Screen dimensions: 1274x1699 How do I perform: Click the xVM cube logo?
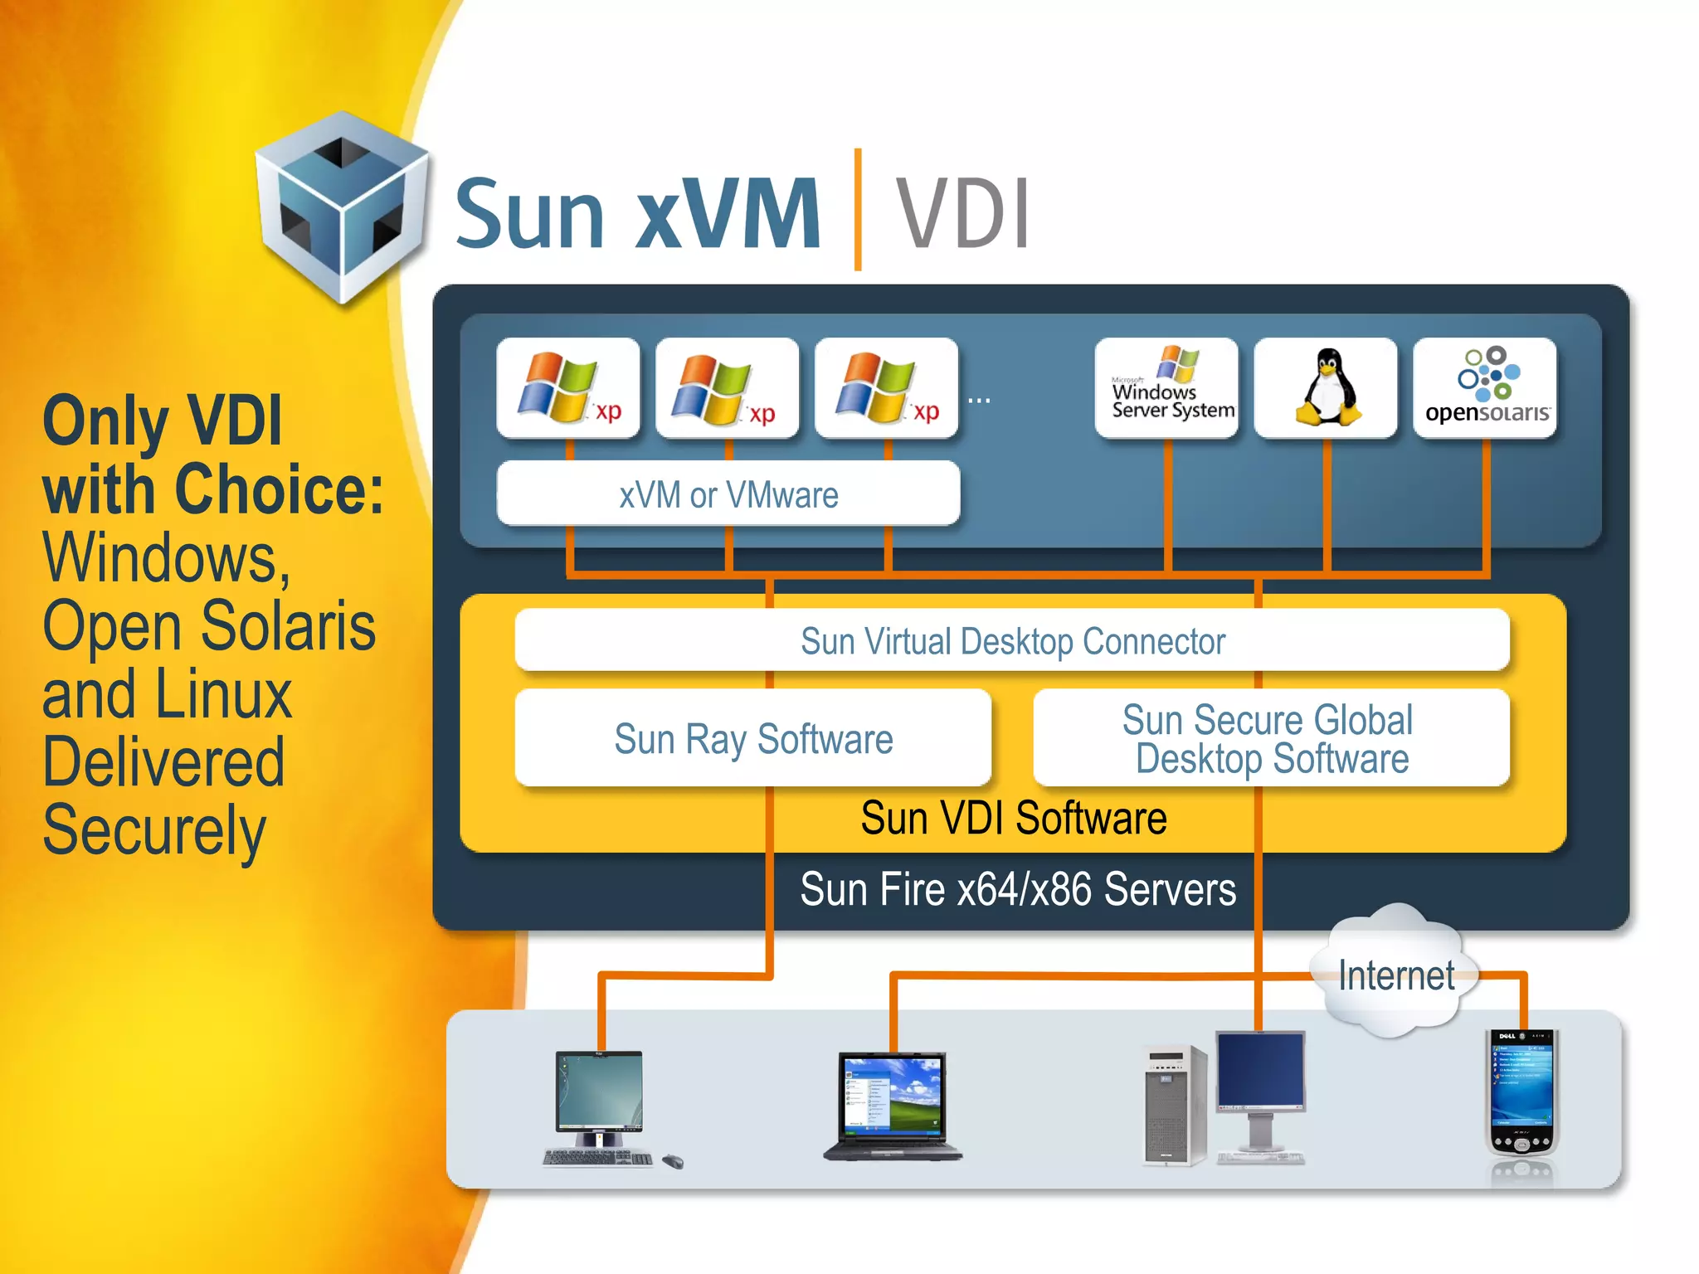pos(342,207)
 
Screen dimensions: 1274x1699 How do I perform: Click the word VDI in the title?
pos(962,214)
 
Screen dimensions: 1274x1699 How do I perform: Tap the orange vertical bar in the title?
pos(858,209)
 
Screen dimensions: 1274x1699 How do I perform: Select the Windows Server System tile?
pos(1166,387)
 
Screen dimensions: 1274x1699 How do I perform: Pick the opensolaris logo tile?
pos(1485,387)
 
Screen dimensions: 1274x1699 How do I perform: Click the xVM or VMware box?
pos(728,494)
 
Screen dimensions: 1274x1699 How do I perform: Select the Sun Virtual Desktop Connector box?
pos(1012,641)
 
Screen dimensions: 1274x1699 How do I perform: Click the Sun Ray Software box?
pos(753,738)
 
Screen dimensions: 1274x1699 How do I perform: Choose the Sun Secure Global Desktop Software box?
pos(1271,738)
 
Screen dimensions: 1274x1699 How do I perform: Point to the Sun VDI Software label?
pos(1014,819)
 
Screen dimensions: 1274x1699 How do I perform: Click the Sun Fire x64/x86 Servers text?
pos(1018,890)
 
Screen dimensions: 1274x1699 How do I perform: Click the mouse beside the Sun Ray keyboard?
pos(673,1161)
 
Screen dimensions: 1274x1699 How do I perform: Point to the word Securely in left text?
pos(154,831)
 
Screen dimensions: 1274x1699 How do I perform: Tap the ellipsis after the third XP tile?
pos(979,401)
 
